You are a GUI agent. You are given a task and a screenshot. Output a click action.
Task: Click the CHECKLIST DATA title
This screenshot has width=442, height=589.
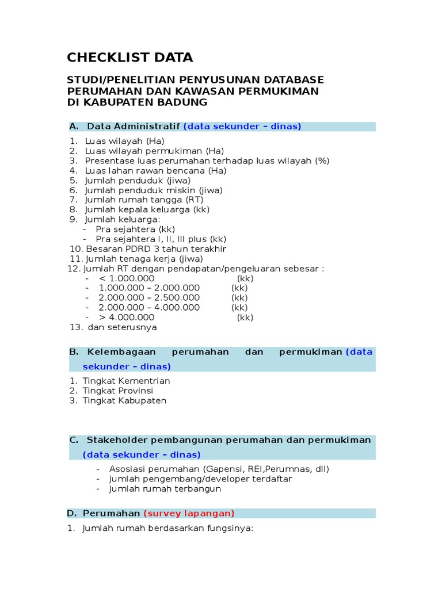[130, 58]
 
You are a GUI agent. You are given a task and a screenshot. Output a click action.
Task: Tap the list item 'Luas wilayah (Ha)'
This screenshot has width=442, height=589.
[124, 141]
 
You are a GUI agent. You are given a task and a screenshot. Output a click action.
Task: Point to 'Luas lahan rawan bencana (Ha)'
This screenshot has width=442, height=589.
[155, 171]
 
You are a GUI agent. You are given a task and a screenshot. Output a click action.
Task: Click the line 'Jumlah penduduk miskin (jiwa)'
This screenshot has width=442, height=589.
[153, 190]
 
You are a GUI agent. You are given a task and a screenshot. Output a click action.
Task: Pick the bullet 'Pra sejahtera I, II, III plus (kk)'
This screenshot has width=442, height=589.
[161, 239]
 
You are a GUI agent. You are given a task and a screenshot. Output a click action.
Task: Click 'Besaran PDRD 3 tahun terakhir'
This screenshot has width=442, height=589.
[156, 249]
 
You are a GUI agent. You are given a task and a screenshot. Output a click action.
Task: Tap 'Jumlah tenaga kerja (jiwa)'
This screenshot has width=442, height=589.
[144, 259]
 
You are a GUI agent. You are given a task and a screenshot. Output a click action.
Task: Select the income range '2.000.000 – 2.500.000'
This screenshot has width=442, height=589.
[149, 298]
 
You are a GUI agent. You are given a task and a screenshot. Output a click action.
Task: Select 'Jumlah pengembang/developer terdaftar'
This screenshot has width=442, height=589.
[200, 479]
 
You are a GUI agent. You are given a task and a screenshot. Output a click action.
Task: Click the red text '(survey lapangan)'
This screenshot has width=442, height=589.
[189, 514]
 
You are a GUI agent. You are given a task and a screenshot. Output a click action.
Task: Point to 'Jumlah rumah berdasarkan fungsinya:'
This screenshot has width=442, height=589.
[167, 529]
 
